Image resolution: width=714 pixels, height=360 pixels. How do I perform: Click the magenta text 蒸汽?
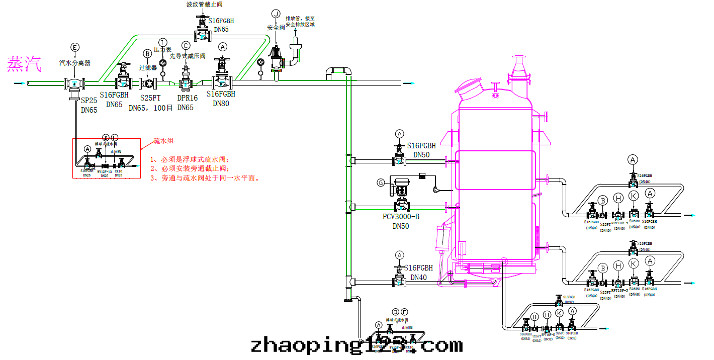pyautogui.click(x=24, y=64)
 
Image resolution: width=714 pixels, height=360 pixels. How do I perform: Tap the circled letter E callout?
pyautogui.click(x=75, y=47)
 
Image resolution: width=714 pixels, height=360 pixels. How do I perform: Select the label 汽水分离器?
pyautogui.click(x=74, y=63)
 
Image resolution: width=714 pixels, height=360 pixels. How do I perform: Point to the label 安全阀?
pyautogui.click(x=276, y=28)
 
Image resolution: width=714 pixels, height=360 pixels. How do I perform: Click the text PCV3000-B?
pyautogui.click(x=401, y=217)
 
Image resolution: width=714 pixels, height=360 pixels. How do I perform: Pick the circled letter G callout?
pyautogui.click(x=381, y=183)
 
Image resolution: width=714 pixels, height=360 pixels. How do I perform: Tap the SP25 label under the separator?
pyautogui.click(x=89, y=101)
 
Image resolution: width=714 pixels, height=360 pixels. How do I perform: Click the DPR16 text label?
pyautogui.click(x=187, y=98)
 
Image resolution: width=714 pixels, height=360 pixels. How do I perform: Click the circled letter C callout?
pyautogui.click(x=186, y=45)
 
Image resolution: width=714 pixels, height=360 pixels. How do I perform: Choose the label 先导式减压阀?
pyautogui.click(x=187, y=56)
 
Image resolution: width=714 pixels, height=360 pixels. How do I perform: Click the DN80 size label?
pyautogui.click(x=221, y=104)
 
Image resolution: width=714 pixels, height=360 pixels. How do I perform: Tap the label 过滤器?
pyautogui.click(x=148, y=67)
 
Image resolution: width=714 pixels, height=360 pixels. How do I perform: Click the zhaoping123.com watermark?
pyautogui.click(x=356, y=345)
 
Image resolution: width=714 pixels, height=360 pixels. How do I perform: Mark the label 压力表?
pyautogui.click(x=162, y=50)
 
